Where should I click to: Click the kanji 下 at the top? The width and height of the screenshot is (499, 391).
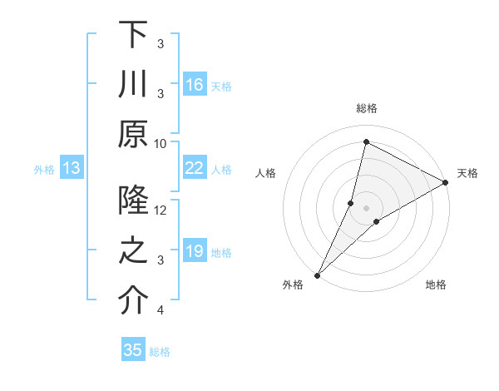[133, 36]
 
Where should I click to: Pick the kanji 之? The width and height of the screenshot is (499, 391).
[133, 252]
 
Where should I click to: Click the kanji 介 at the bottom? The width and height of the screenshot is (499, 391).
[133, 302]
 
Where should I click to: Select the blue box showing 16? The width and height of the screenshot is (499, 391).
[194, 85]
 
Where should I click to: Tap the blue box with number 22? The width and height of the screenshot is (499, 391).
[194, 168]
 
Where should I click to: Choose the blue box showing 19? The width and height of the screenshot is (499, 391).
[194, 251]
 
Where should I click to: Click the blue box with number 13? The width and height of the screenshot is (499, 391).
[72, 169]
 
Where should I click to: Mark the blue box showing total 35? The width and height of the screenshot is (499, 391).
[133, 350]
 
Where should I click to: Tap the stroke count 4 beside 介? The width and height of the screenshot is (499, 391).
[160, 310]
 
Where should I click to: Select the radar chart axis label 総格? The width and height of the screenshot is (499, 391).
[367, 108]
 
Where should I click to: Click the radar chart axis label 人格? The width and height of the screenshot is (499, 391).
[266, 173]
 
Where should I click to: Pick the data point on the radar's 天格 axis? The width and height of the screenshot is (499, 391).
[446, 183]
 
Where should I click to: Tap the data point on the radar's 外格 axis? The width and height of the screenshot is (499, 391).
[317, 275]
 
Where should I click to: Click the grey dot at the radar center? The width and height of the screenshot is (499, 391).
[367, 207]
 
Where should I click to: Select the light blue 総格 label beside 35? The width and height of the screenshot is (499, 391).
[160, 352]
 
